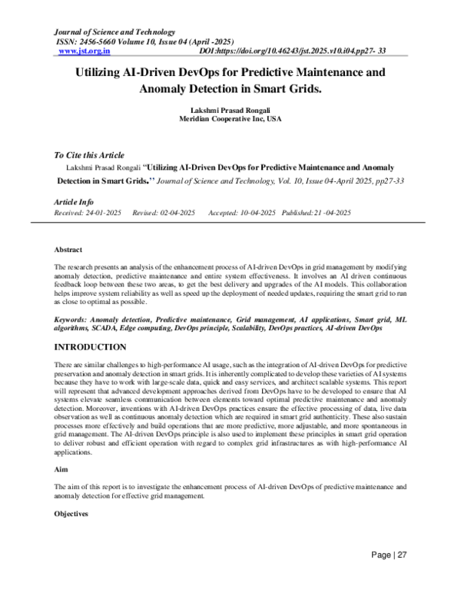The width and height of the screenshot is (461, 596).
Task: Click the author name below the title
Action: click(x=230, y=111)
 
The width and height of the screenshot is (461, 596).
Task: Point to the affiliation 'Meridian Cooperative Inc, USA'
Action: click(x=230, y=121)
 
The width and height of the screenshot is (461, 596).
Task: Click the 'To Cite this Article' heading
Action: click(x=89, y=154)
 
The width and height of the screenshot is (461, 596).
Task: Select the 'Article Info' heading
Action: click(x=74, y=202)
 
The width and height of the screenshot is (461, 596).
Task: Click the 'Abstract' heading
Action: click(x=68, y=250)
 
